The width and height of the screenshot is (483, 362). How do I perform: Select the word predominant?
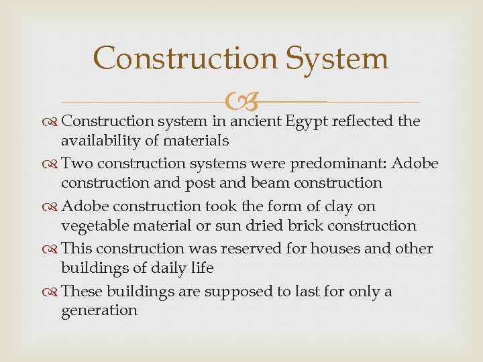(347, 164)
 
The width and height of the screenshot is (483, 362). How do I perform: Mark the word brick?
(293, 226)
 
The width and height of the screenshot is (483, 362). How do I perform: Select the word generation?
(99, 310)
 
